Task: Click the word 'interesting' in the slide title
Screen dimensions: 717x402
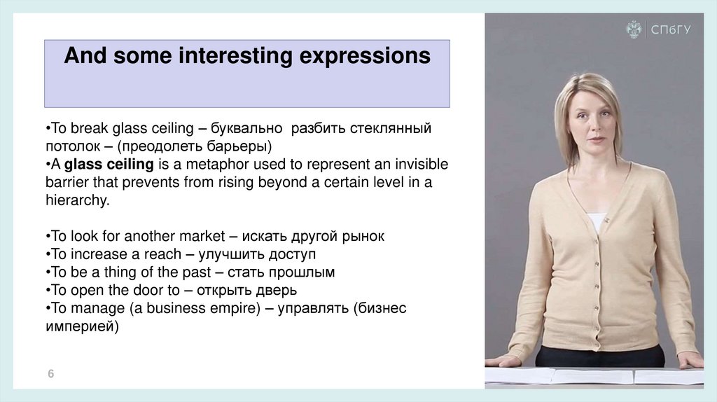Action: (235, 56)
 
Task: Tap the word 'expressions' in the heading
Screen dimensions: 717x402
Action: (365, 57)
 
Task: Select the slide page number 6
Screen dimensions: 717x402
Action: (50, 374)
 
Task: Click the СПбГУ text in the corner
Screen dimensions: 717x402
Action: (671, 29)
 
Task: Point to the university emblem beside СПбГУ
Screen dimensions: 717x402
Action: (634, 29)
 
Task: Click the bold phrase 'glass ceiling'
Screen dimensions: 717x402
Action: (109, 164)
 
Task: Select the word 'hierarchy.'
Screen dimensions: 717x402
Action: (78, 200)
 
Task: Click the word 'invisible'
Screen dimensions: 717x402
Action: (422, 164)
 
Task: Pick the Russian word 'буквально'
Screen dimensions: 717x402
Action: (246, 128)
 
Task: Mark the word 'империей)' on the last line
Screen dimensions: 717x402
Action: (83, 326)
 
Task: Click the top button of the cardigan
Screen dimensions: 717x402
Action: (606, 221)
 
